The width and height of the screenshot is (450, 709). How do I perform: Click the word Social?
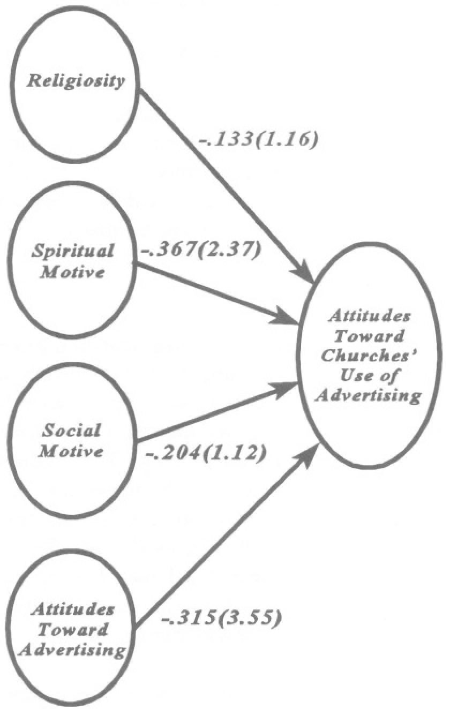coord(72,431)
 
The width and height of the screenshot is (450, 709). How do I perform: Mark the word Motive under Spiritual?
coord(72,272)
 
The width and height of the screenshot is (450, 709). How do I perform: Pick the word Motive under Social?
coord(72,451)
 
